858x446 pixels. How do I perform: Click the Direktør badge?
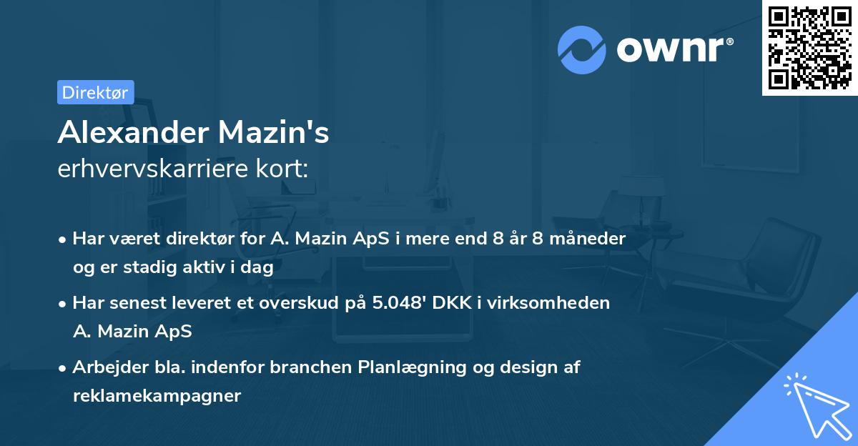tap(95, 92)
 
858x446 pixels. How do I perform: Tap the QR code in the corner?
tap(809, 48)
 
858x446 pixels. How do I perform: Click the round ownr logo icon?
tap(581, 49)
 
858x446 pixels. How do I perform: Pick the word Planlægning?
tap(405, 367)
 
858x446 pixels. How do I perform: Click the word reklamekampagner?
tap(157, 396)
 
